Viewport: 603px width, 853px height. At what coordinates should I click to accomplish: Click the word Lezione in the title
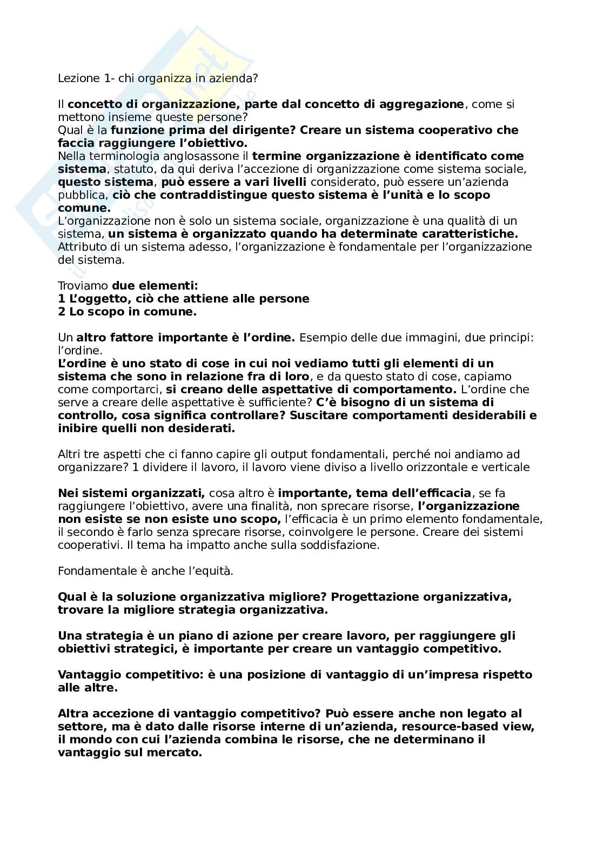tap(76, 78)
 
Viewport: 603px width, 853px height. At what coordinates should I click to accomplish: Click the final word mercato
tap(176, 753)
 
